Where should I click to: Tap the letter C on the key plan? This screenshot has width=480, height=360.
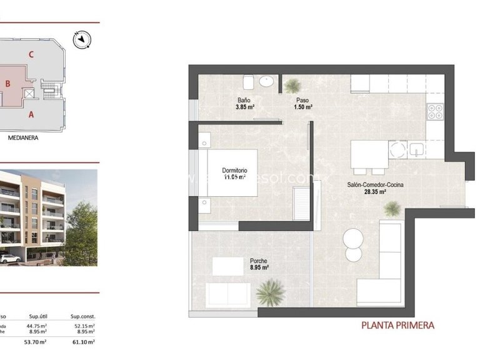(x=30, y=54)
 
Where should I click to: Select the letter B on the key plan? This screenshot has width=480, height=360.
(x=8, y=83)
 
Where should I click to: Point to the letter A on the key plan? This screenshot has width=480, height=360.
(x=31, y=114)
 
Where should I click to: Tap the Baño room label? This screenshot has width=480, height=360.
(x=244, y=100)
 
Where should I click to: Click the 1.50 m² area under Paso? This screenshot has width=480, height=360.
(x=303, y=107)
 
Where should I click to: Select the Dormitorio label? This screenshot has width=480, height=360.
(x=235, y=170)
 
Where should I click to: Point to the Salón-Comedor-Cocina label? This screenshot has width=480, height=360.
(x=376, y=184)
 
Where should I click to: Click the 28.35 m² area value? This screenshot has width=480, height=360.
(x=376, y=192)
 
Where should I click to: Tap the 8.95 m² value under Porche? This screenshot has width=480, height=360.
(x=259, y=267)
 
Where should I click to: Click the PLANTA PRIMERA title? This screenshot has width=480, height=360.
(x=397, y=325)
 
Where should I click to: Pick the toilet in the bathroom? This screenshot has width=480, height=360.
(x=248, y=81)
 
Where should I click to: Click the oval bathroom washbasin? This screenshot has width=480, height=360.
(x=267, y=81)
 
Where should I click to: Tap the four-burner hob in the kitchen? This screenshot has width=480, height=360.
(x=434, y=112)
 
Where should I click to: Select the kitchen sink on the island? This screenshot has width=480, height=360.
(x=416, y=149)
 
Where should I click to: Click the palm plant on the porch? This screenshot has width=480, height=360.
(x=271, y=291)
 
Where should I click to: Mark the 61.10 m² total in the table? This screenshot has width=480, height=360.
(x=82, y=342)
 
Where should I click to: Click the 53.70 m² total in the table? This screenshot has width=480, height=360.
(x=36, y=342)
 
